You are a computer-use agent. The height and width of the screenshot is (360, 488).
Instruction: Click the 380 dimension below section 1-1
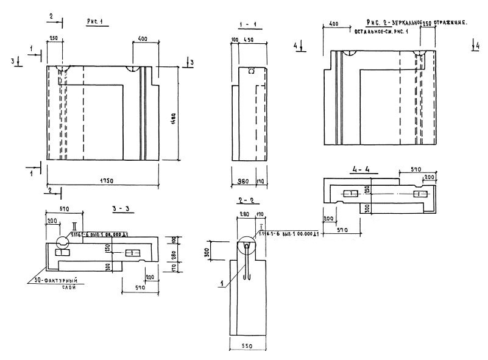coord(241,181)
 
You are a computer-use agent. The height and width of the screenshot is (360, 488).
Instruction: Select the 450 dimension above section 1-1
coord(249,41)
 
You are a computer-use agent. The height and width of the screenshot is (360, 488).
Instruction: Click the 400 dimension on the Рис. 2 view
coord(333,23)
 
